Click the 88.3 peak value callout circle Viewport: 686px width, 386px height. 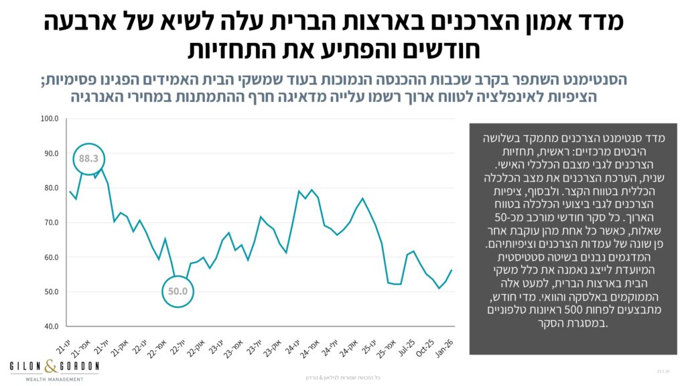click(x=88, y=159)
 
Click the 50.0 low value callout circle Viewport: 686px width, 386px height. click(x=178, y=291)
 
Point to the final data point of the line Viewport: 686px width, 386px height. click(x=452, y=270)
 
